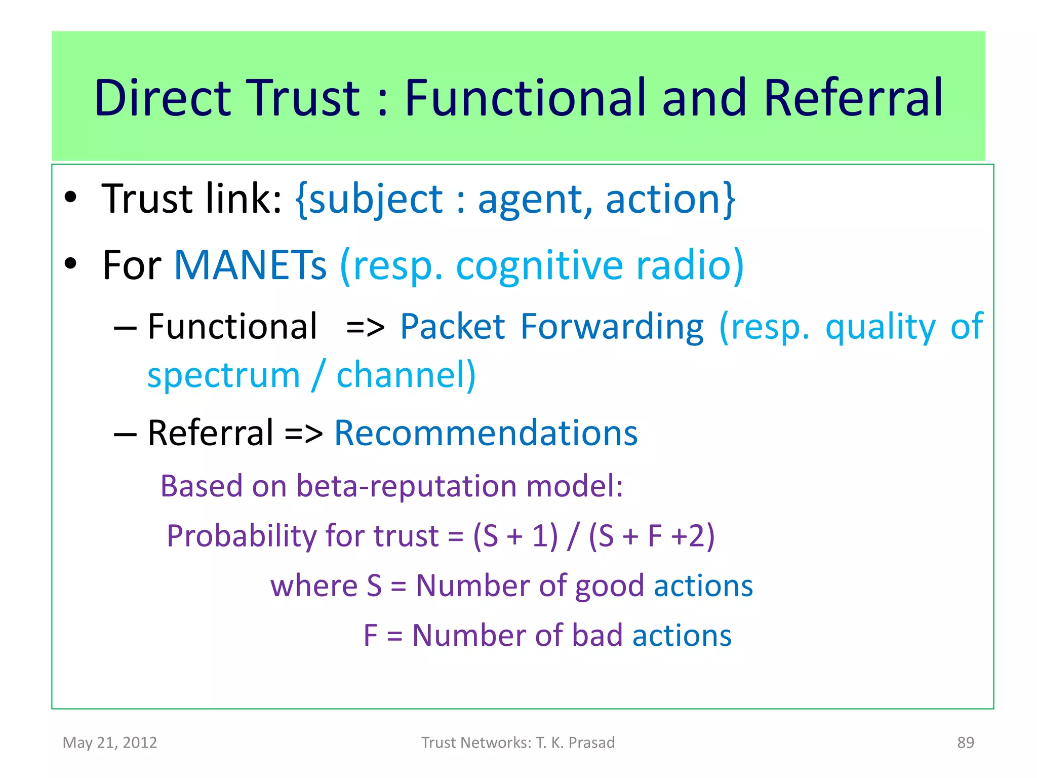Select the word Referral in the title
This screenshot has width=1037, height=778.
click(853, 98)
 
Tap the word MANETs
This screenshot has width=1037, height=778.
click(250, 265)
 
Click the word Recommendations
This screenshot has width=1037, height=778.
click(486, 433)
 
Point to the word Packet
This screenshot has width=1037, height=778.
click(452, 327)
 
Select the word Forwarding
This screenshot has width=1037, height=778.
click(612, 327)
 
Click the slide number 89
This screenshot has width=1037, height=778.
click(965, 743)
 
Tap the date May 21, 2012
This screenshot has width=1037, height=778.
click(109, 743)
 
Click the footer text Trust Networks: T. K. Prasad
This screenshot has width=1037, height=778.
click(518, 743)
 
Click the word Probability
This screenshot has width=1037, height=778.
click(243, 536)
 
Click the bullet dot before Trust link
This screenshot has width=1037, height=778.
click(70, 198)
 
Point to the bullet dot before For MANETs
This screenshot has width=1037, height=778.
click(70, 264)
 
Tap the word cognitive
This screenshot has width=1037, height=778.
click(539, 265)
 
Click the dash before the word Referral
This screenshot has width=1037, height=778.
click(125, 434)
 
